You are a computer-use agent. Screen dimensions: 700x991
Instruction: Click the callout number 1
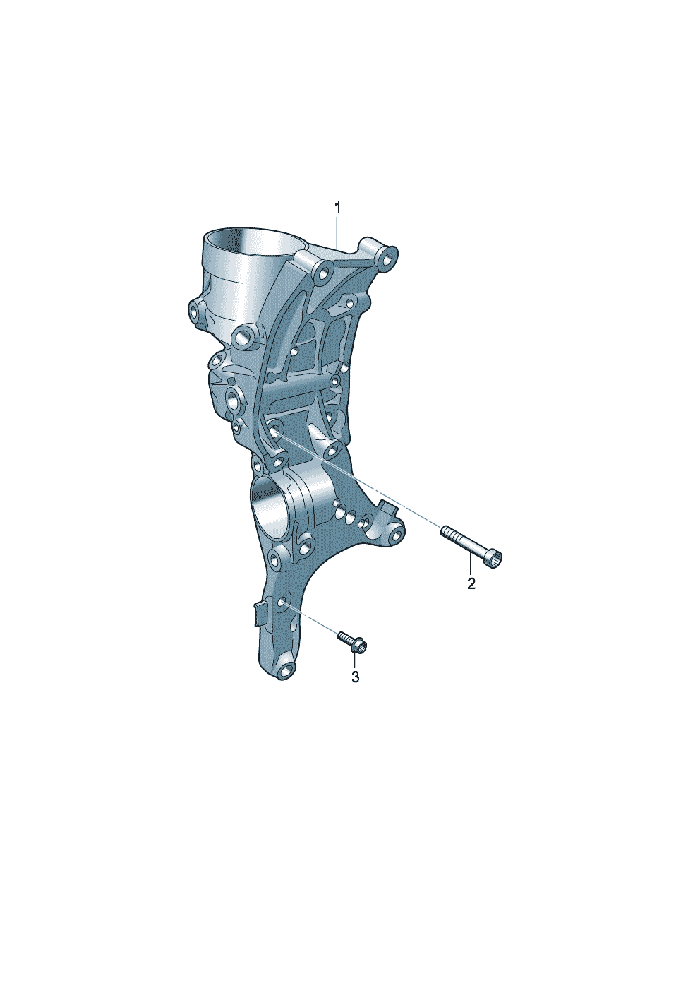click(x=337, y=208)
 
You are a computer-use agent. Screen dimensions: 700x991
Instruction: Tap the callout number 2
click(x=471, y=583)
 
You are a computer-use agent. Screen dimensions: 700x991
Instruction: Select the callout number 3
click(x=356, y=689)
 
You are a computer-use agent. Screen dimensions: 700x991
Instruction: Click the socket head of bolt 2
click(x=496, y=559)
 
